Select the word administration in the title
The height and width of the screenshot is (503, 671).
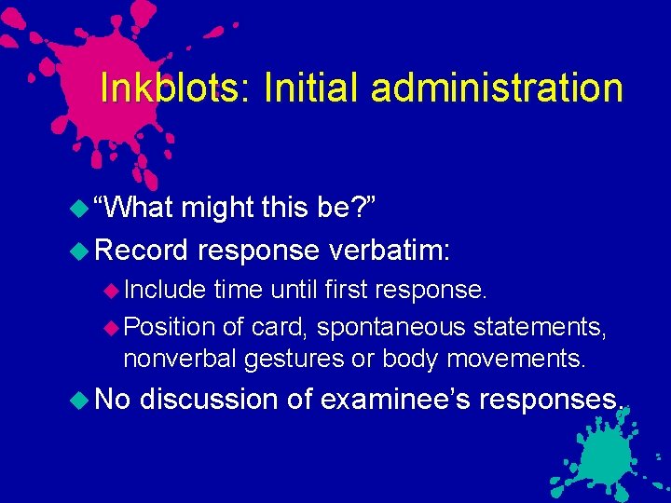[496, 88]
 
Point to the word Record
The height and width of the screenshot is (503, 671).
[142, 249]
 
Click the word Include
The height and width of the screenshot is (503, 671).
[164, 290]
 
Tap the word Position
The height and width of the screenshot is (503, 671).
[169, 326]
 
